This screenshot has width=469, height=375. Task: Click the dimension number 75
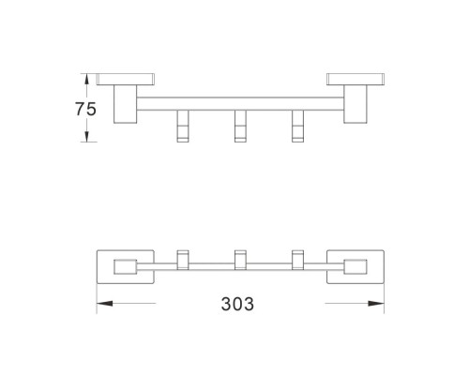(x=85, y=109)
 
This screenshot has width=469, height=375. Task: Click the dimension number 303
(x=237, y=304)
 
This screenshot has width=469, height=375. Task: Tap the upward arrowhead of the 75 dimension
(x=87, y=79)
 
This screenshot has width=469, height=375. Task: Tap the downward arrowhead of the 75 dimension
(x=87, y=137)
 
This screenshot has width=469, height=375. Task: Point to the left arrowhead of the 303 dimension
(x=104, y=303)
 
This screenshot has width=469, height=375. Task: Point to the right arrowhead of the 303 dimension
(x=376, y=303)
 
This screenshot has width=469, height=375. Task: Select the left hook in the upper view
(x=183, y=127)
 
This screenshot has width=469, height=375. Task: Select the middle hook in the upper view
(x=240, y=127)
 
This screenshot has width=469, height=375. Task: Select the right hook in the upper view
(x=297, y=127)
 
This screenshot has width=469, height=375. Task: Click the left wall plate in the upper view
(x=126, y=80)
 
